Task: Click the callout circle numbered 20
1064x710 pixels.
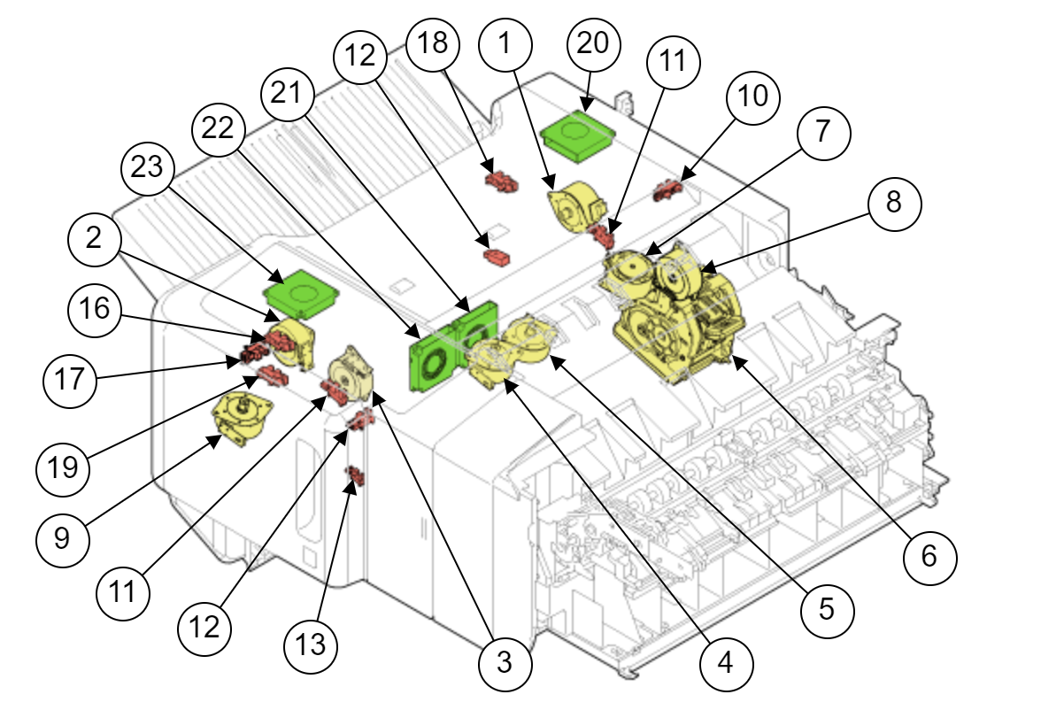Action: [595, 43]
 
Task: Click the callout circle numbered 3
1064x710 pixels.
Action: [504, 661]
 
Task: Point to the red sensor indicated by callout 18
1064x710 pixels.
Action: [503, 181]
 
